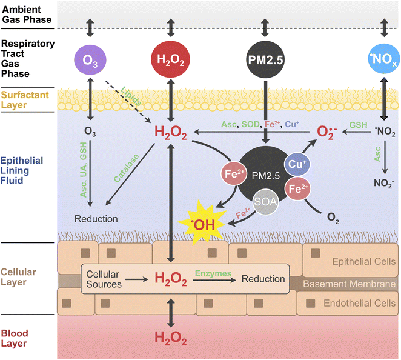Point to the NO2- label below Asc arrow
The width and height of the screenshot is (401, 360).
point(383,181)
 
